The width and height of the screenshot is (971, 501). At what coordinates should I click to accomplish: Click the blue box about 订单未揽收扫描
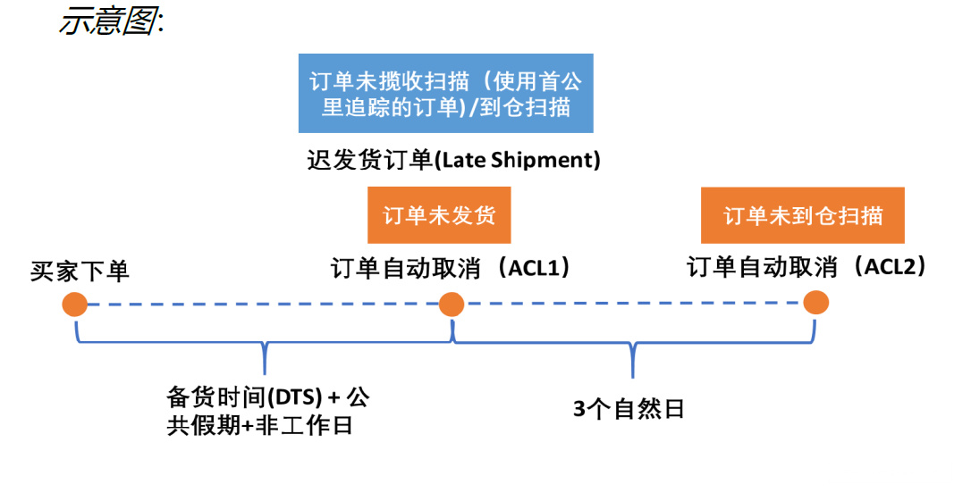(445, 94)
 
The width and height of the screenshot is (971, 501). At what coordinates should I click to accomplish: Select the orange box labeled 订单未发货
(439, 215)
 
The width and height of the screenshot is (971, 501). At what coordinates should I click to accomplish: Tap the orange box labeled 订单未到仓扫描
(802, 215)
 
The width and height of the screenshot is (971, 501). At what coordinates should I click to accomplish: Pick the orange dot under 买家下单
(74, 305)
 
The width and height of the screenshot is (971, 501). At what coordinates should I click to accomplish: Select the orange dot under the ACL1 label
(452, 305)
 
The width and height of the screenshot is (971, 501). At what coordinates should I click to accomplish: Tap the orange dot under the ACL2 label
(815, 302)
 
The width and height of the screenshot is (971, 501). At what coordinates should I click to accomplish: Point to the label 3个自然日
(629, 410)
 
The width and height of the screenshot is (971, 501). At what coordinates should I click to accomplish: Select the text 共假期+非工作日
(259, 426)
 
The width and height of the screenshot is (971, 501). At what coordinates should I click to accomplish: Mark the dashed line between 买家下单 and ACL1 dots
(263, 305)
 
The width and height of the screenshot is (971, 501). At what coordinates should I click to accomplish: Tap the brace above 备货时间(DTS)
(265, 344)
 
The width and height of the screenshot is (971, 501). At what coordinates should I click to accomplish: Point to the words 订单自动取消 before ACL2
(763, 267)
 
